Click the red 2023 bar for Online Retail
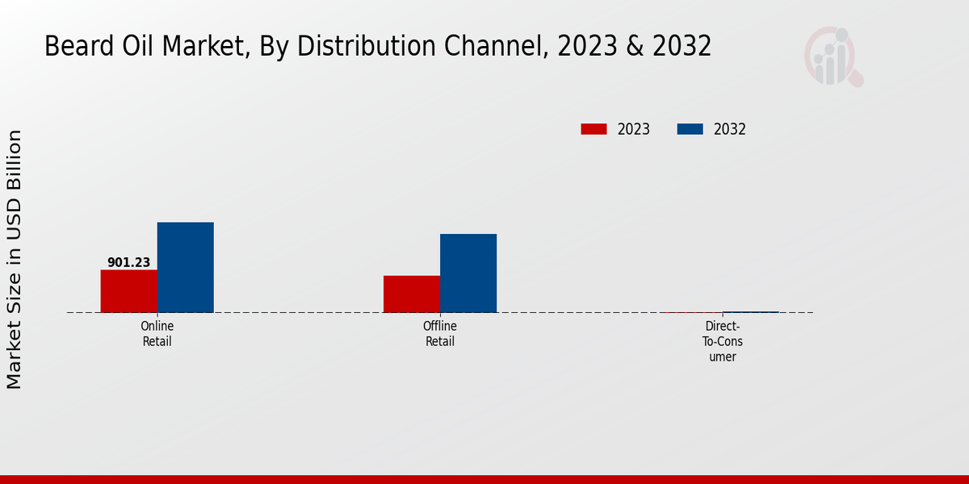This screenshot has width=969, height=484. pyautogui.click(x=128, y=291)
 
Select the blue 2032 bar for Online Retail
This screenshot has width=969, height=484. pyautogui.click(x=185, y=267)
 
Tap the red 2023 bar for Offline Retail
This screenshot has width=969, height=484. pyautogui.click(x=412, y=294)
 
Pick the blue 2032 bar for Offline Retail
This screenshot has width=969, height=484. pyautogui.click(x=468, y=273)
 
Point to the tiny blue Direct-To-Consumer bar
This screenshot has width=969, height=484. pyautogui.click(x=751, y=311)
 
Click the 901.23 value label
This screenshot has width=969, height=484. pyautogui.click(x=128, y=262)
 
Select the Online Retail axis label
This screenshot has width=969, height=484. pyautogui.click(x=157, y=334)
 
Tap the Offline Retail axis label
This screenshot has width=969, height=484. pyautogui.click(x=440, y=334)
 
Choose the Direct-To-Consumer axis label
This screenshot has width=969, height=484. pyautogui.click(x=723, y=341)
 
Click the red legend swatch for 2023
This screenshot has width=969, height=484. pyautogui.click(x=594, y=129)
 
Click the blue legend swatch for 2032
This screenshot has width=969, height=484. pyautogui.click(x=690, y=129)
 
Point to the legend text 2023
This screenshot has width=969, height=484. pyautogui.click(x=634, y=129)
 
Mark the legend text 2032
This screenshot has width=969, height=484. pyautogui.click(x=730, y=129)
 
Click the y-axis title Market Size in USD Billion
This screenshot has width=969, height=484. pyautogui.click(x=15, y=259)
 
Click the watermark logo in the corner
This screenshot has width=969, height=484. pyautogui.click(x=833, y=56)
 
